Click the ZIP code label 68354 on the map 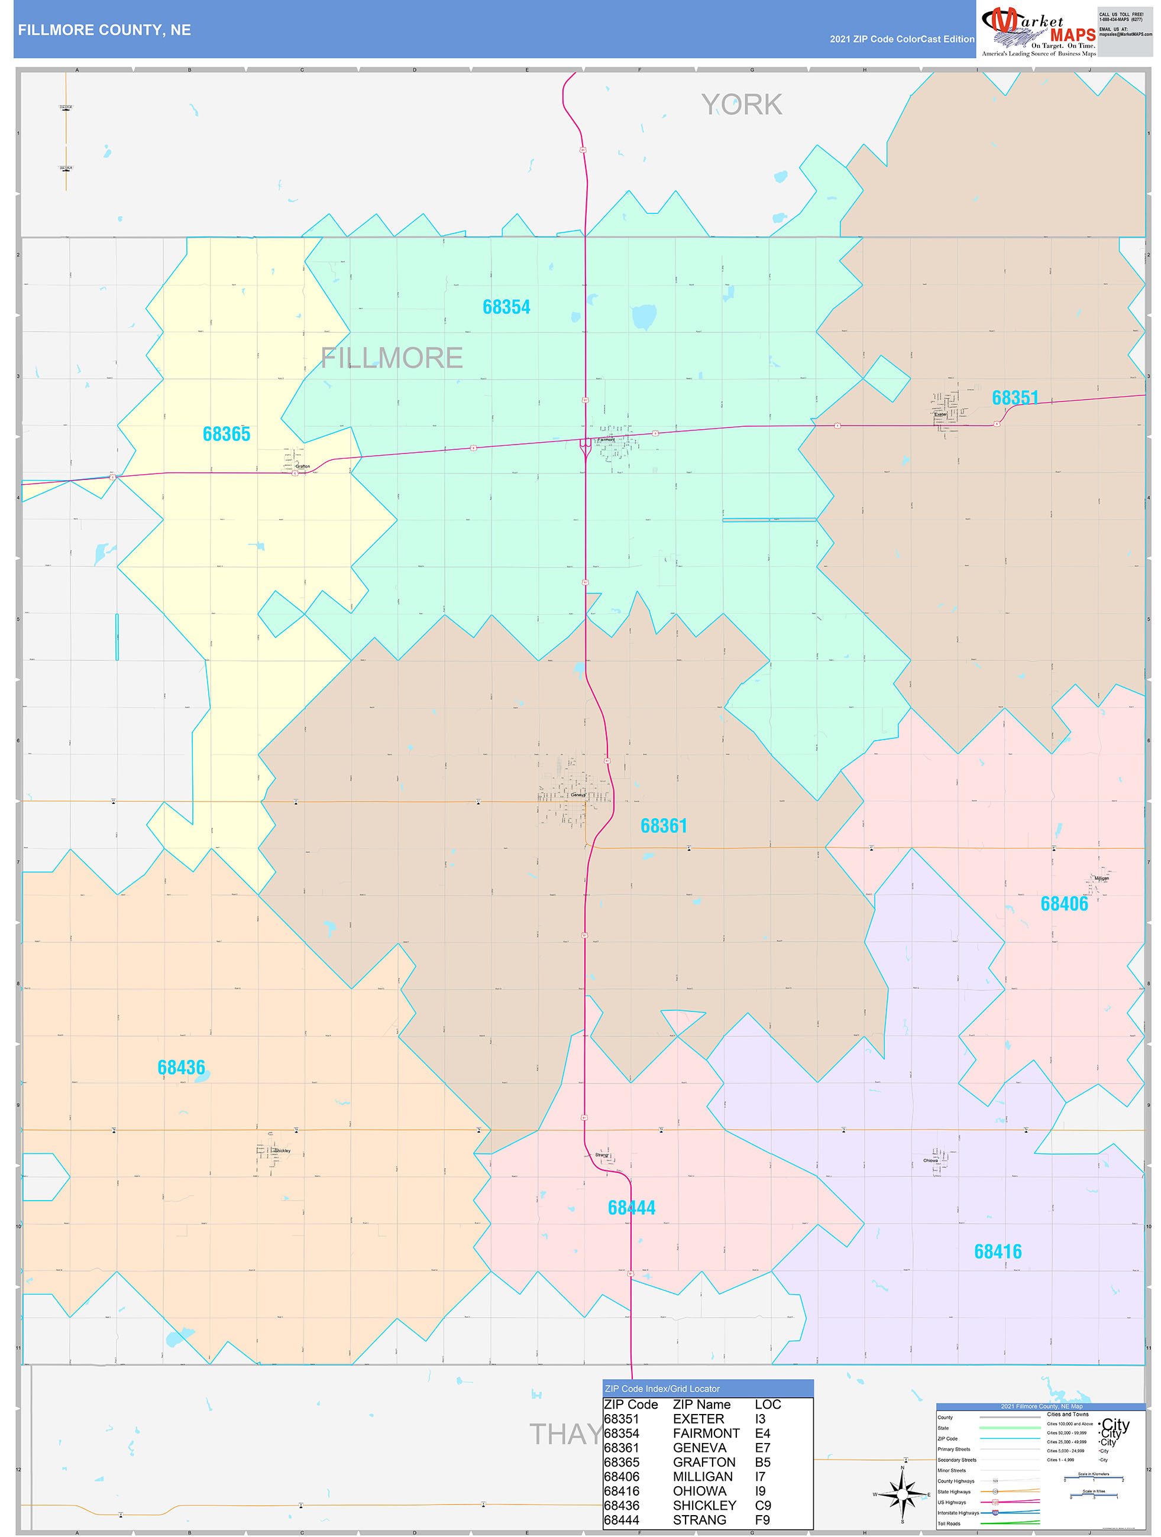tap(506, 307)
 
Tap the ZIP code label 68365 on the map tap(226, 434)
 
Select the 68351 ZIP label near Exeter tap(1015, 398)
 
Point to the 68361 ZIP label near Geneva tap(663, 826)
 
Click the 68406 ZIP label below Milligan tap(1063, 904)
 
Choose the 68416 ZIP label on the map tap(998, 1252)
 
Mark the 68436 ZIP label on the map tap(181, 1068)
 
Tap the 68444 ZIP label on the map tap(631, 1208)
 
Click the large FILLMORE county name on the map tap(392, 359)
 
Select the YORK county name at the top tap(741, 105)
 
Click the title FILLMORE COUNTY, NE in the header tap(104, 30)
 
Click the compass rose tap(902, 1494)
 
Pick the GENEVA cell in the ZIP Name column tap(700, 1448)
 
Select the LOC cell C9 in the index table tap(762, 1506)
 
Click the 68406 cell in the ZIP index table tap(621, 1477)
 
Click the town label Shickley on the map tap(282, 1150)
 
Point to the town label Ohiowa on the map tap(930, 1160)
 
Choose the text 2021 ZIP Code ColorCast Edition tap(902, 40)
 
